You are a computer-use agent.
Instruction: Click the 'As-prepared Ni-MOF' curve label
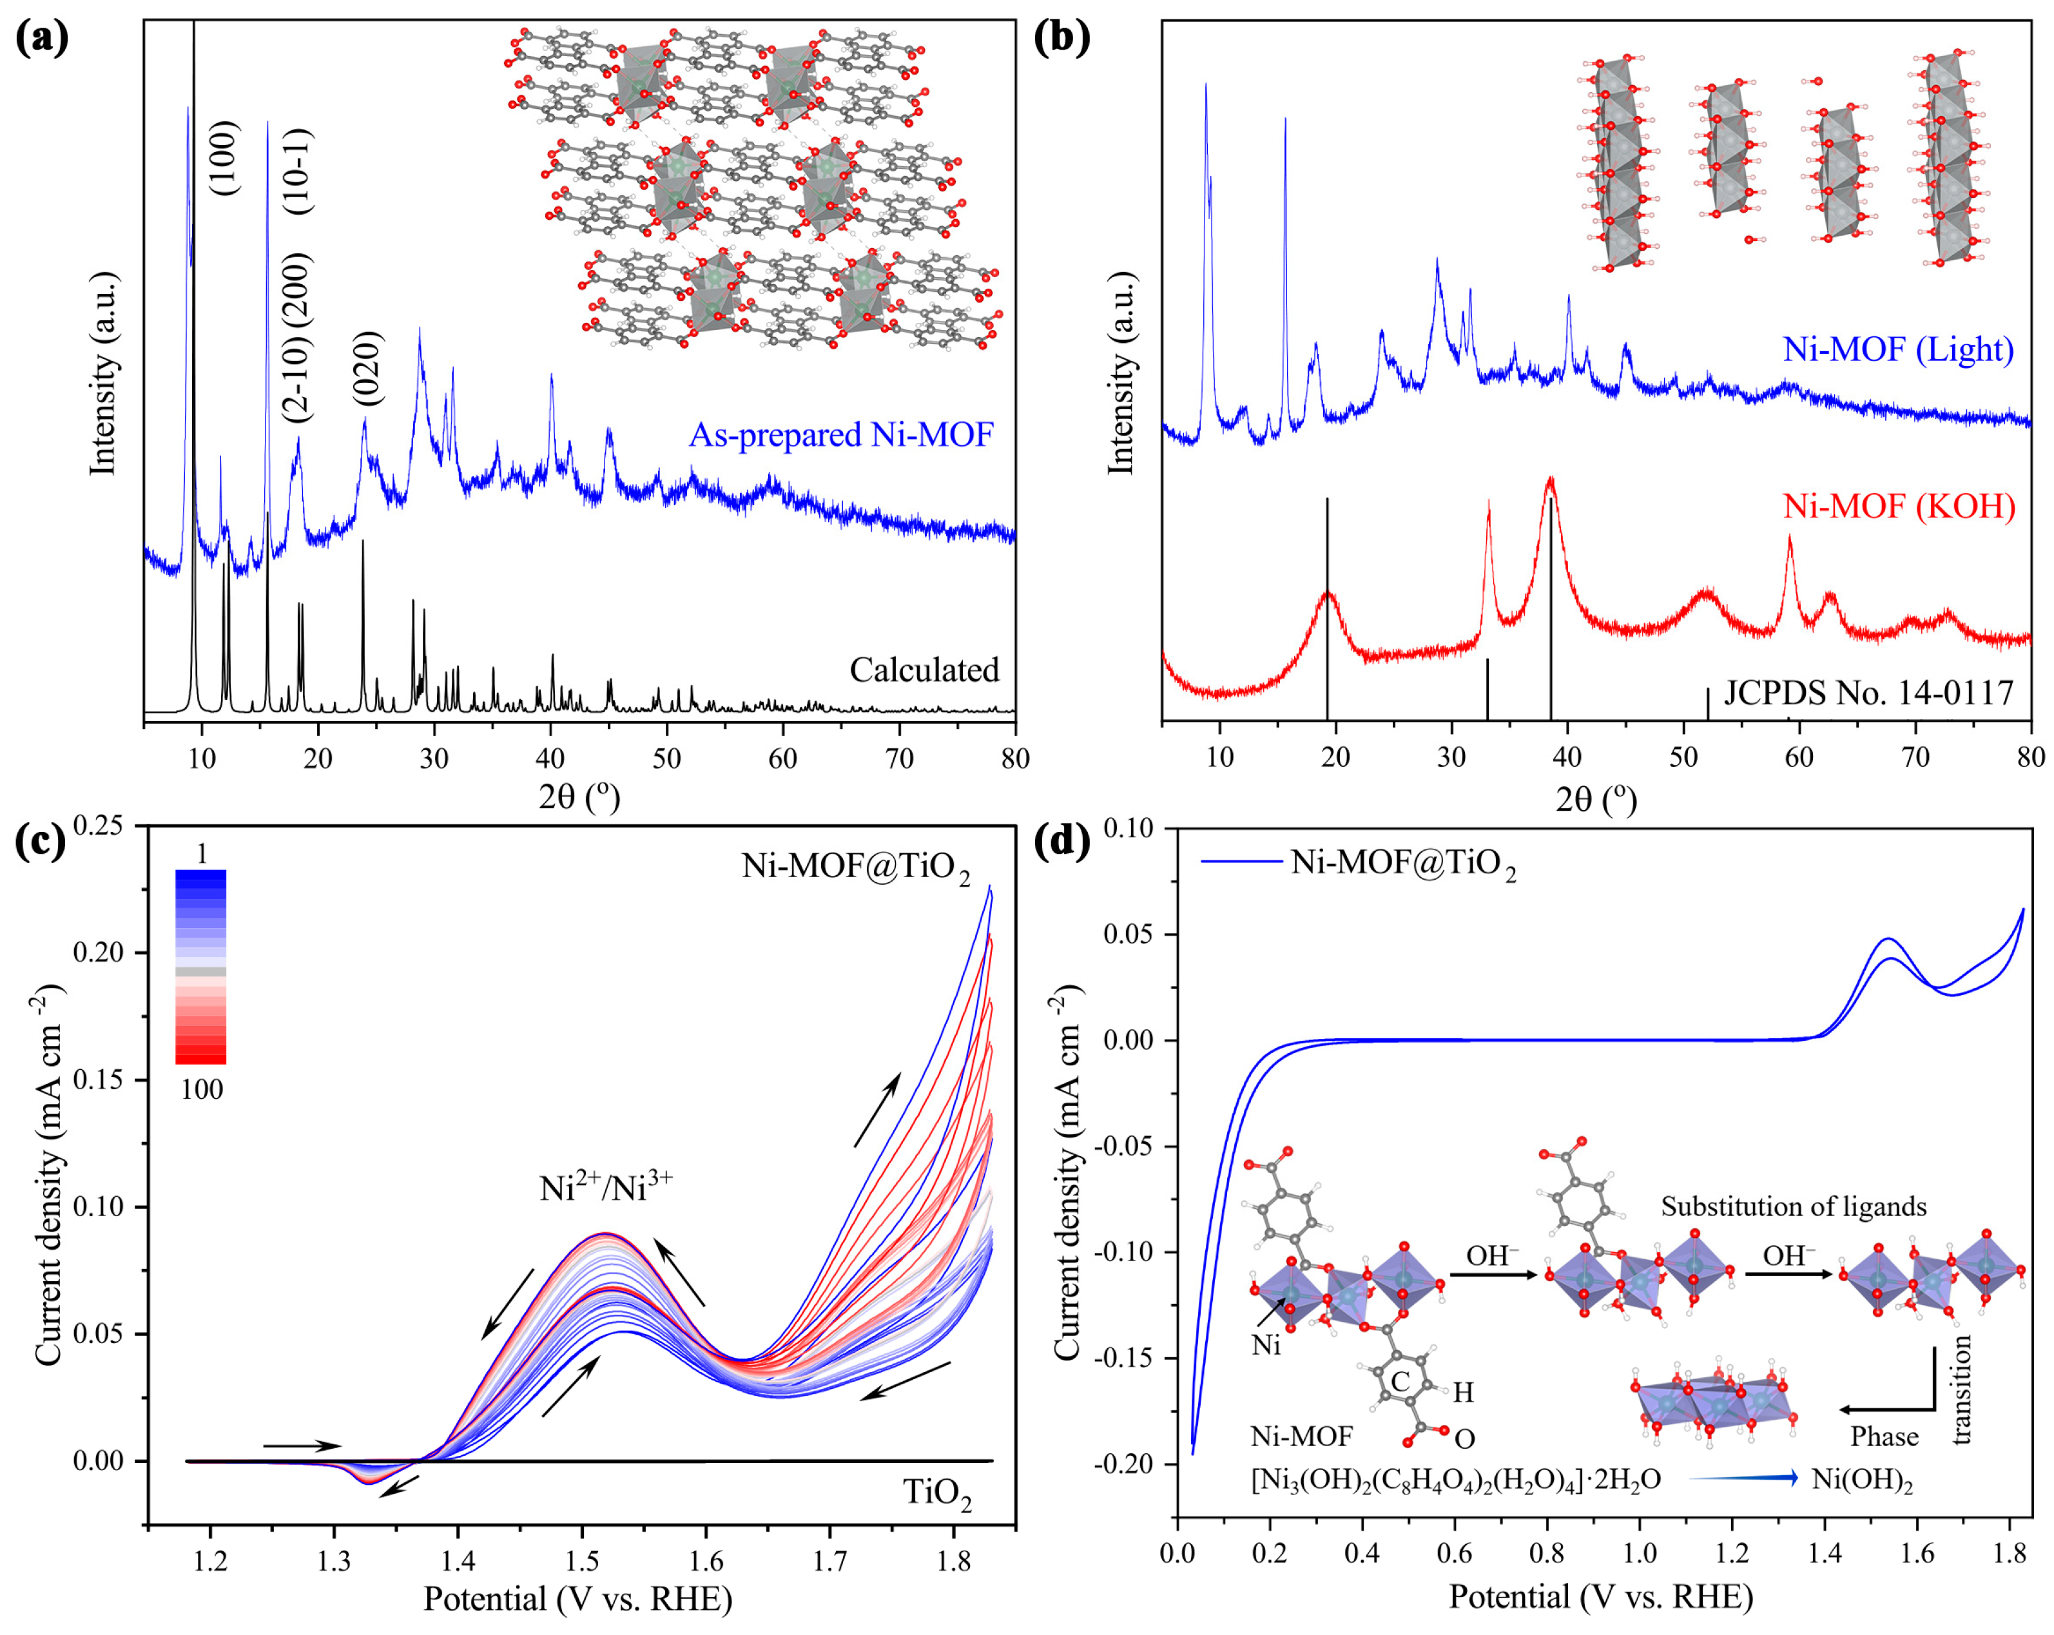tap(840, 436)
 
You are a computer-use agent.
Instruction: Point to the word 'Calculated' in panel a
tap(924, 670)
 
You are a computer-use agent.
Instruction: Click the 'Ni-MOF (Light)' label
tap(1899, 350)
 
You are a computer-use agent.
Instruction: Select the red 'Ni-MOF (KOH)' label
tap(1899, 506)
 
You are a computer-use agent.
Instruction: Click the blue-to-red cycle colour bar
tap(201, 966)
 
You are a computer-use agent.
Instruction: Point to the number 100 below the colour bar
tap(202, 1090)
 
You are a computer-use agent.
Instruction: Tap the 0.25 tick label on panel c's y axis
tap(102, 826)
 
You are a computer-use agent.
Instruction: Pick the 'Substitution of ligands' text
tap(1794, 1206)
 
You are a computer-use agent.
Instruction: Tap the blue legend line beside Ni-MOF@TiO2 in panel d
tap(1241, 862)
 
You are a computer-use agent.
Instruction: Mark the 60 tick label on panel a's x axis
tap(783, 759)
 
